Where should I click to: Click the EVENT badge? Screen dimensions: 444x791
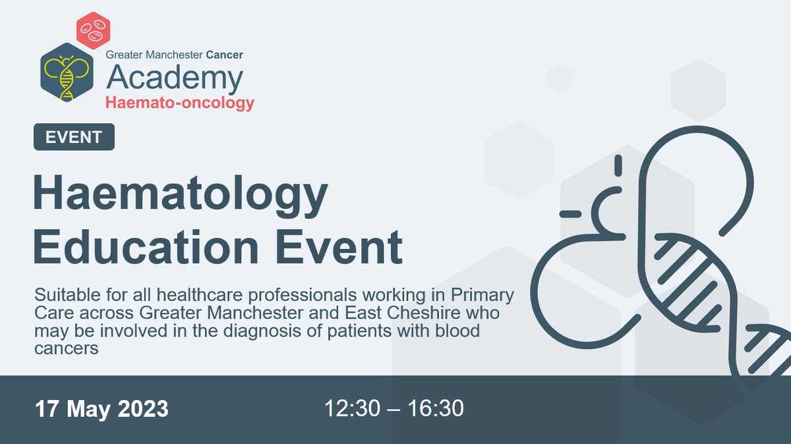coord(74,137)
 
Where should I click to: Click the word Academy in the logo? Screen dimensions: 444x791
coord(175,78)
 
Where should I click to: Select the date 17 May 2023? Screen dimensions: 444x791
coord(102,408)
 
